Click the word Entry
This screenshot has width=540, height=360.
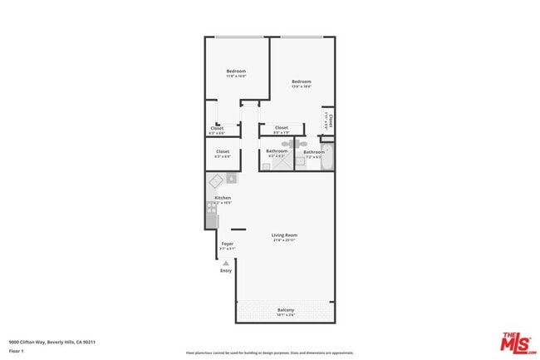click(x=226, y=270)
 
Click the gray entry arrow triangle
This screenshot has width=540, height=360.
click(x=225, y=263)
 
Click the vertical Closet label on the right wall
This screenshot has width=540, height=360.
click(x=330, y=121)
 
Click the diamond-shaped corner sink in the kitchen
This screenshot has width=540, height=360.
click(x=214, y=180)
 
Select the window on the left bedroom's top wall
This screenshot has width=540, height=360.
click(x=236, y=37)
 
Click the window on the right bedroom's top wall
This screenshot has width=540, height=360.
click(x=301, y=37)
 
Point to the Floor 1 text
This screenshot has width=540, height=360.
click(x=17, y=351)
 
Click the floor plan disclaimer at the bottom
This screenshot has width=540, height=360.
click(x=269, y=353)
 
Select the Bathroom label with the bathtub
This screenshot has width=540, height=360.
click(x=313, y=153)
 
